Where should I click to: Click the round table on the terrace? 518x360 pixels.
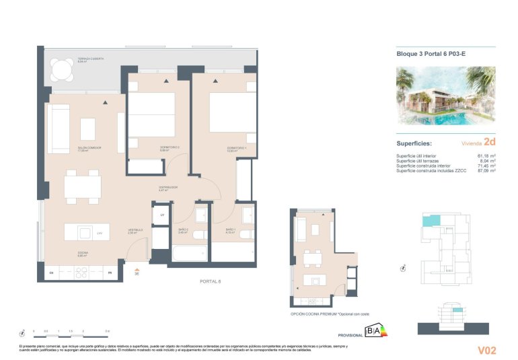coord(63,69)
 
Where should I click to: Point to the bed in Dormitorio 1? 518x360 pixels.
coord(232,112)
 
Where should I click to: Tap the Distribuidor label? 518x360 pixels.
coord(168,188)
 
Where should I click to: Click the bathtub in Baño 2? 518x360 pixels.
coord(190,254)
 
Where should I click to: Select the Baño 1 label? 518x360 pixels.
coord(230,230)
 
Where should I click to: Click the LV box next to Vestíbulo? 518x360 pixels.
coord(162,215)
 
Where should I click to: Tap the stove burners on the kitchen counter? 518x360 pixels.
coord(81,273)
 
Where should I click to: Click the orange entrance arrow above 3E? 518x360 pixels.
coord(137,268)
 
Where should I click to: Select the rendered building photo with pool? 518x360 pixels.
coord(445,95)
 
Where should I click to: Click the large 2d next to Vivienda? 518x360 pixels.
coord(489,142)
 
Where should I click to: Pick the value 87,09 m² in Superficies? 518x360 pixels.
coord(486,171)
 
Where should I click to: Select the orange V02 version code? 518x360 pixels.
coord(486,349)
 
